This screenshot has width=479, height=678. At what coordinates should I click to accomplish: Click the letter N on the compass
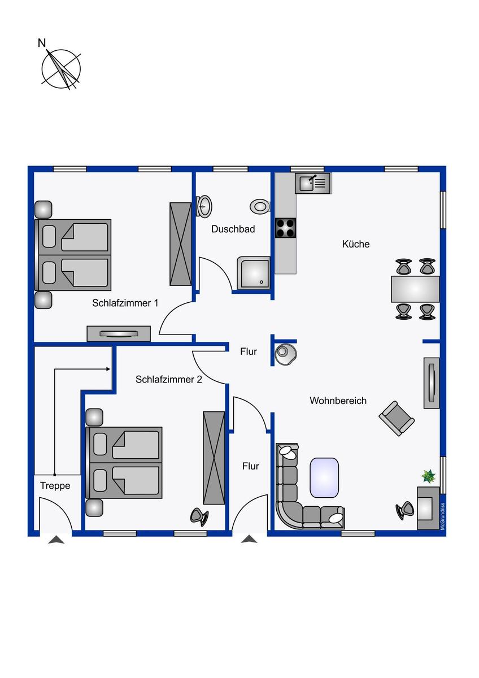click(41, 44)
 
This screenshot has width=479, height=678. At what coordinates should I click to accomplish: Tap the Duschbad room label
click(233, 229)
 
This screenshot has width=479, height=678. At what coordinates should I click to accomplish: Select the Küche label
click(356, 244)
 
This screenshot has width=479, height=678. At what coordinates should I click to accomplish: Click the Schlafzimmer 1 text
click(125, 303)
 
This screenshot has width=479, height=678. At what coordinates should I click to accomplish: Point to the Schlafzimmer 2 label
click(168, 380)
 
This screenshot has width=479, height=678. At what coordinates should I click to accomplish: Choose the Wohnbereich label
click(338, 401)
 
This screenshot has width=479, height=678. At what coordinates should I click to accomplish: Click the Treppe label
click(55, 486)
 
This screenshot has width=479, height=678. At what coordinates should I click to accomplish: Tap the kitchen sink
click(313, 184)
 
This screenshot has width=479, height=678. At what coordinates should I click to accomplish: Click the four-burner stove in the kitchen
click(285, 228)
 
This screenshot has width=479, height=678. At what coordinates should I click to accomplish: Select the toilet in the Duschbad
click(260, 206)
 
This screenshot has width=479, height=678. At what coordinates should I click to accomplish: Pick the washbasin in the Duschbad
click(204, 206)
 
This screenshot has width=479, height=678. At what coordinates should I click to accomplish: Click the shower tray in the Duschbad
click(254, 273)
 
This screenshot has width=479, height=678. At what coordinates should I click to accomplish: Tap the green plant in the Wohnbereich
click(429, 476)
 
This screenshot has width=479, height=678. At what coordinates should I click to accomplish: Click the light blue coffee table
click(324, 477)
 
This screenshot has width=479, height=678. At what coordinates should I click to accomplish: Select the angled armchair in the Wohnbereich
click(397, 419)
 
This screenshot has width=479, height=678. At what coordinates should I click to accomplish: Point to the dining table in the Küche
click(415, 289)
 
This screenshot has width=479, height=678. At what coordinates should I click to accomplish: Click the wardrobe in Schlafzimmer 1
click(180, 244)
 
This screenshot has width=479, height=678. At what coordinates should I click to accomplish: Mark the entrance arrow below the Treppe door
click(56, 540)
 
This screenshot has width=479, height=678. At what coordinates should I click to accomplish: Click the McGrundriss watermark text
click(443, 516)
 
